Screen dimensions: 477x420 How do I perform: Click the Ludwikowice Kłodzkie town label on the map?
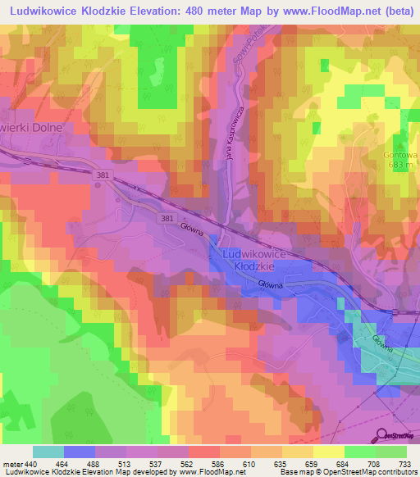pos(253,261)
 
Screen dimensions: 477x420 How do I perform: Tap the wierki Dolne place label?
pos(31,128)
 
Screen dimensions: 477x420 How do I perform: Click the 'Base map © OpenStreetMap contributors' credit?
pos(349,472)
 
